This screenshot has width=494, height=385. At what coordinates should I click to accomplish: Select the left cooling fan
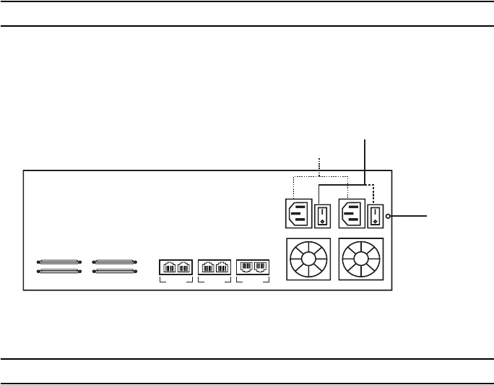pyautogui.click(x=308, y=258)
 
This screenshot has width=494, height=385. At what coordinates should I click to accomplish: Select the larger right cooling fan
pyautogui.click(x=360, y=259)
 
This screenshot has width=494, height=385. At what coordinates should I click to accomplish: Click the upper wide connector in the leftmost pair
pyautogui.click(x=59, y=261)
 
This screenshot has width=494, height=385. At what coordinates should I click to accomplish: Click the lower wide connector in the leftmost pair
pyautogui.click(x=59, y=272)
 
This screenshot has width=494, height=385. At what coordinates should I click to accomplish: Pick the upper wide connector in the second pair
pyautogui.click(x=114, y=261)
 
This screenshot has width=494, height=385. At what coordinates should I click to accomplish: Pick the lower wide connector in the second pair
pyautogui.click(x=114, y=272)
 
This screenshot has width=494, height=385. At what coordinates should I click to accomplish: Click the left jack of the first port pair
pyautogui.click(x=168, y=267)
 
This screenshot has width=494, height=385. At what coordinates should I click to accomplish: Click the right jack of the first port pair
pyautogui.click(x=183, y=267)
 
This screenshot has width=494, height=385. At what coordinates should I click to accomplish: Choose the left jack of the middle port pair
pyautogui.click(x=207, y=267)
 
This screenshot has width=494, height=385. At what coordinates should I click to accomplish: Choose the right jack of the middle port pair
pyautogui.click(x=222, y=267)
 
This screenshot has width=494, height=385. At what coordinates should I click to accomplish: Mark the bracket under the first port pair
pyautogui.click(x=175, y=280)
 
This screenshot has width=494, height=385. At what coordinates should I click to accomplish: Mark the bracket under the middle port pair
pyautogui.click(x=214, y=280)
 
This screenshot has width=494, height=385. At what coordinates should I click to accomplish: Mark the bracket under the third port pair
pyautogui.click(x=253, y=280)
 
